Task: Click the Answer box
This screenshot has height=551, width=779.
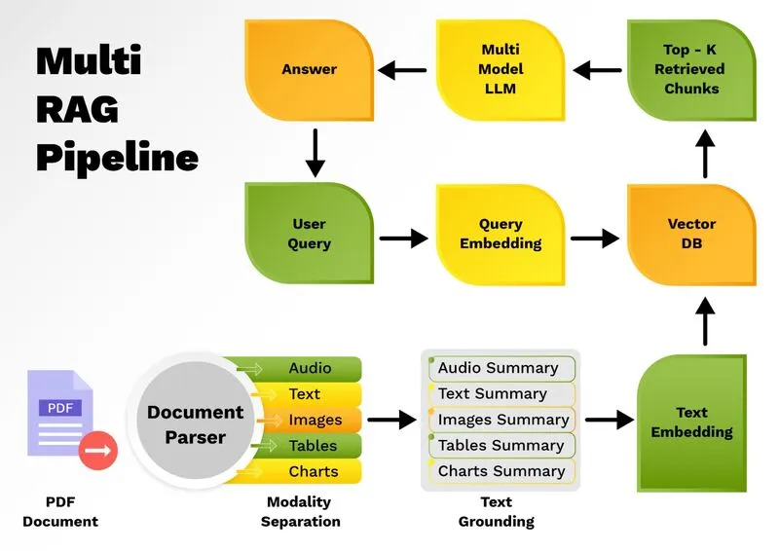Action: click(x=309, y=70)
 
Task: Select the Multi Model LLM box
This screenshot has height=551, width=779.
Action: click(x=500, y=70)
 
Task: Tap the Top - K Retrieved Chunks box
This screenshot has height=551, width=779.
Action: click(x=690, y=70)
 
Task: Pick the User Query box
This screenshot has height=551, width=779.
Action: click(x=309, y=235)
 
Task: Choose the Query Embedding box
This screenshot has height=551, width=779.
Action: click(x=500, y=235)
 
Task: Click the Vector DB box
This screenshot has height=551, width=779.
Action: click(x=691, y=235)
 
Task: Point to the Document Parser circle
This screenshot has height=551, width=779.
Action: click(x=196, y=424)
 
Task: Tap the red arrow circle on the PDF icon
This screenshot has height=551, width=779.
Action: click(x=97, y=451)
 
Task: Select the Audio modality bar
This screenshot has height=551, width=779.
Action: click(x=310, y=368)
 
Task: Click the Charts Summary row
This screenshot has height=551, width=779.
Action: click(x=501, y=471)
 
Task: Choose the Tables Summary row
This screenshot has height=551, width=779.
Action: click(x=501, y=446)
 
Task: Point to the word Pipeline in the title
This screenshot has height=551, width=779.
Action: click(x=117, y=156)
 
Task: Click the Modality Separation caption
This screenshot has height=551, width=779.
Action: click(x=303, y=511)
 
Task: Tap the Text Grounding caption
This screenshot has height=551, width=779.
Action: click(x=497, y=511)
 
